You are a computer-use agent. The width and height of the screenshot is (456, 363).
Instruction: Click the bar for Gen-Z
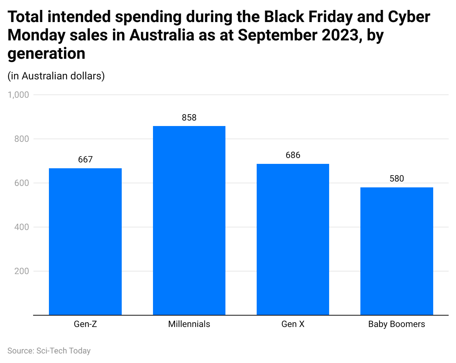[85, 241]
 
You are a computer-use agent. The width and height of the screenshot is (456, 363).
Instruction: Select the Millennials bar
[189, 220]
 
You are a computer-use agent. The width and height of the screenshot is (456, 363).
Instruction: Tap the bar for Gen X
[293, 239]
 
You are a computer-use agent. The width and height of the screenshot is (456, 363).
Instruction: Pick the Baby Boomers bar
[396, 251]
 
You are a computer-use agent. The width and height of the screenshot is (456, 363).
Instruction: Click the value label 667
[85, 159]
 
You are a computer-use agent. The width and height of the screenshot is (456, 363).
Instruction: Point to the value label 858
[189, 118]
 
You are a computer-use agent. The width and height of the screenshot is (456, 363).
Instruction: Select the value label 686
[293, 155]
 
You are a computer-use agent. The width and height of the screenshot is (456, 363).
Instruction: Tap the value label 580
[396, 179]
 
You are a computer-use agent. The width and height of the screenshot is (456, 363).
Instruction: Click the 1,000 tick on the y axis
[18, 95]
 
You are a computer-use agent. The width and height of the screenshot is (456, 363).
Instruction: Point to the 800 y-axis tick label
[22, 139]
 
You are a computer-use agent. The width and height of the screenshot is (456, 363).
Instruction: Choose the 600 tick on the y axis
[22, 183]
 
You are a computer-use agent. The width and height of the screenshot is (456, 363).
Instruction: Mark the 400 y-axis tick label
[22, 227]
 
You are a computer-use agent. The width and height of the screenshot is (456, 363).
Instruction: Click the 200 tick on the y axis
[22, 271]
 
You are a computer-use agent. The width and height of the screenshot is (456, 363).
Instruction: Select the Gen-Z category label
[85, 324]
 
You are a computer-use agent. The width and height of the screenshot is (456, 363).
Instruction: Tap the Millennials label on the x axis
[189, 324]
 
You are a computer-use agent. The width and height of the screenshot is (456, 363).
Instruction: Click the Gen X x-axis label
[293, 324]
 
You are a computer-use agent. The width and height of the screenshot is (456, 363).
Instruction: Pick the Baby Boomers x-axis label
[396, 324]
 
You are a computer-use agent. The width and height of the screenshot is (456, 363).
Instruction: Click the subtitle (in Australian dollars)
[56, 76]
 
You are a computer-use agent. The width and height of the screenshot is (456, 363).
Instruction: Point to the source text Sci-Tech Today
[63, 351]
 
